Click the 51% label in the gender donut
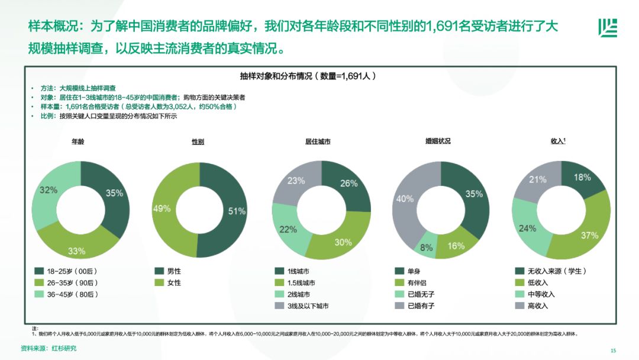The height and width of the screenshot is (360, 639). pos(237,211)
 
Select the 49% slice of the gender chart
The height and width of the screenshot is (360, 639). pos(167,209)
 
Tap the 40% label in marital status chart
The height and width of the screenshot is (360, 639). pos(405,200)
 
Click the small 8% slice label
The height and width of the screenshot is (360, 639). pos(426,247)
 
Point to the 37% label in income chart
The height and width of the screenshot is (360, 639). pos(589,235)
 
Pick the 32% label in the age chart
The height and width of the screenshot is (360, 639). pos(49,190)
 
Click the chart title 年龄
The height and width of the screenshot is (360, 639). pos(78,142)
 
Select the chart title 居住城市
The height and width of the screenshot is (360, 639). pos(318,142)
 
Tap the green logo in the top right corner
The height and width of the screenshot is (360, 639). pos(608,27)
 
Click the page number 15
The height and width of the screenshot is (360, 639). pos(613,349)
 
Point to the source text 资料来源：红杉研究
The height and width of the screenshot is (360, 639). pos(49,348)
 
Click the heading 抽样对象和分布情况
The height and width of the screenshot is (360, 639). pos(308,76)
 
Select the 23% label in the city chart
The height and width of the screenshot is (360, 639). pos(296,181)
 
